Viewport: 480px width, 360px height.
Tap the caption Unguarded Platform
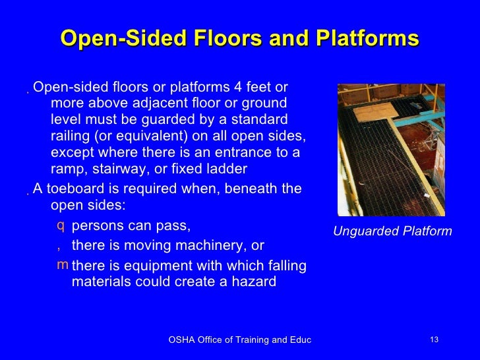click(x=392, y=231)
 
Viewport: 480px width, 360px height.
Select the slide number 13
click(x=434, y=340)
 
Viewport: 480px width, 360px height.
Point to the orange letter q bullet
click(x=61, y=226)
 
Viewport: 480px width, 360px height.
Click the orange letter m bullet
click(x=62, y=265)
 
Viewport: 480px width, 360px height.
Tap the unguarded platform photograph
click(x=391, y=150)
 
